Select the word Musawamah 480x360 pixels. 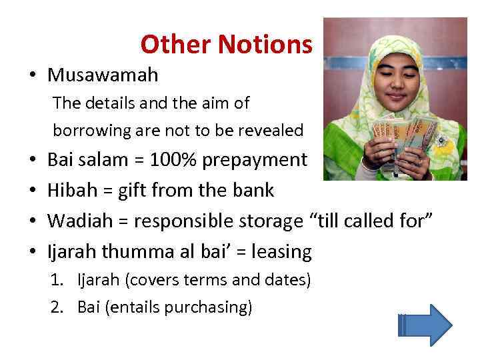[103, 75]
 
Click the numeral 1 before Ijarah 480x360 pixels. [56, 280]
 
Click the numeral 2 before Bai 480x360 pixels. [56, 307]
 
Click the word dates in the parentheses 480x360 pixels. [288, 280]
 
